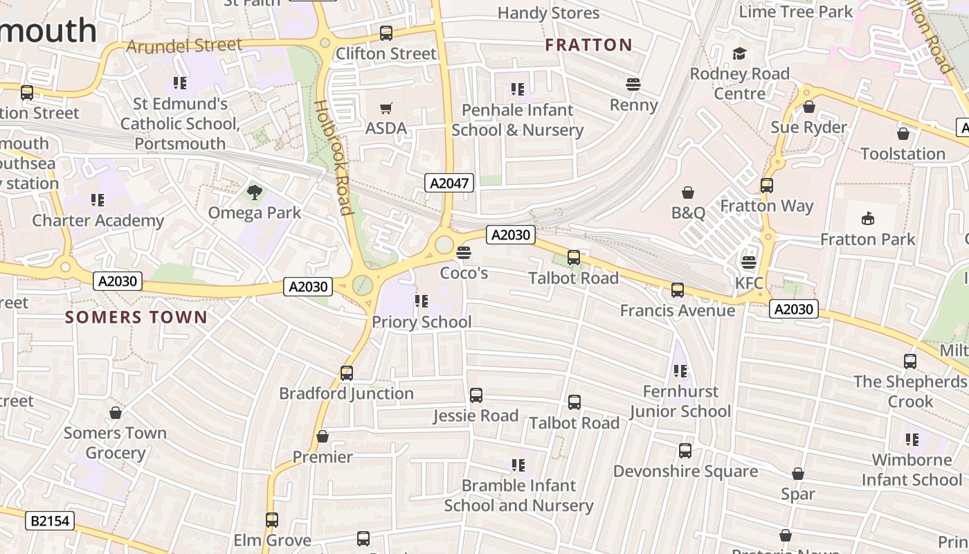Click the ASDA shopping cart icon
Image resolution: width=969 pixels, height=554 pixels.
click(x=386, y=108)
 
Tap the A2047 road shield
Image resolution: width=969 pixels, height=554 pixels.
click(x=449, y=184)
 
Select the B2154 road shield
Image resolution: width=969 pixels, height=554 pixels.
click(x=50, y=520)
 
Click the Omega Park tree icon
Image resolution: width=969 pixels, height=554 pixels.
click(x=255, y=193)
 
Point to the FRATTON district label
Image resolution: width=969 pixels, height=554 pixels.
click(x=588, y=46)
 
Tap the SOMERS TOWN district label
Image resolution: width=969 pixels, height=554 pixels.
click(x=136, y=318)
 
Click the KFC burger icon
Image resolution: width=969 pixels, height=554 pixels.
click(x=748, y=262)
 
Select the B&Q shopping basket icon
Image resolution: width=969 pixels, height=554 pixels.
click(x=688, y=192)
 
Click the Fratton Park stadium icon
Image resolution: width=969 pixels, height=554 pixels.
click(x=867, y=219)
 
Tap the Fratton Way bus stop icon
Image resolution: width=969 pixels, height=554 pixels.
click(x=766, y=186)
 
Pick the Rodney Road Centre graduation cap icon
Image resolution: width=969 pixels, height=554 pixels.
click(x=739, y=53)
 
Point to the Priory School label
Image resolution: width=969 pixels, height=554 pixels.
click(x=422, y=322)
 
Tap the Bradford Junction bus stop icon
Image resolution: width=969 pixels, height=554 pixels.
click(x=347, y=373)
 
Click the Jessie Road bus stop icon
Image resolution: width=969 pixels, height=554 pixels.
click(x=476, y=395)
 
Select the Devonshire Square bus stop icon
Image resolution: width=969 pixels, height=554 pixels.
click(x=685, y=451)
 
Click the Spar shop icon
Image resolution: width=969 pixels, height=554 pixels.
click(x=798, y=474)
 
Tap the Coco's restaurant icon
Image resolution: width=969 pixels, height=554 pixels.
click(x=464, y=253)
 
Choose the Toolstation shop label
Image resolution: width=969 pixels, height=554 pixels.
click(x=903, y=154)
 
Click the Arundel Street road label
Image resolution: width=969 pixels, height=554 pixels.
click(x=185, y=46)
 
